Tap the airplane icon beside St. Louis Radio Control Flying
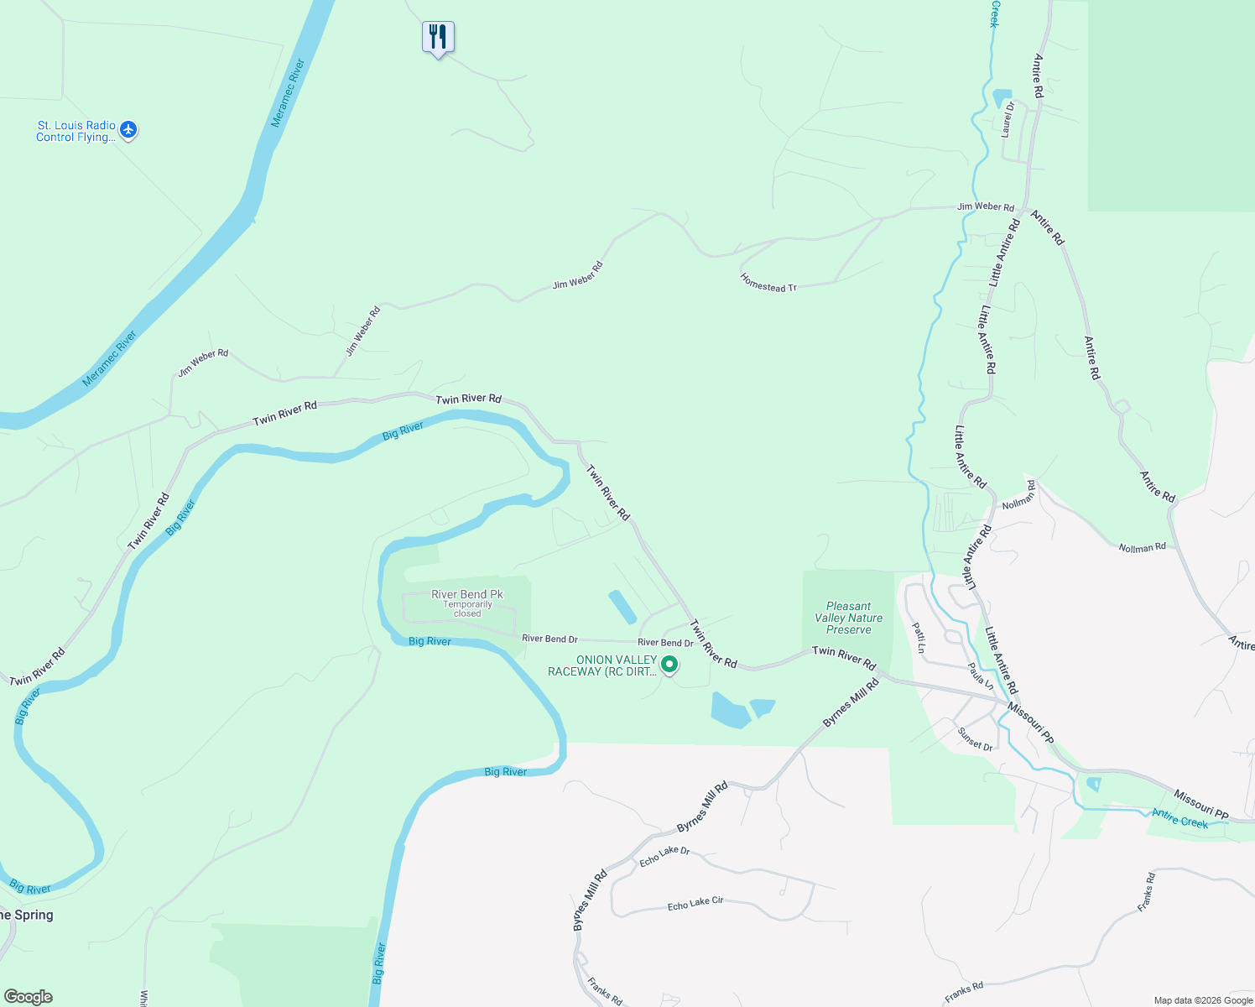click(128, 130)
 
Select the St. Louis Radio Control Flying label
click(76, 132)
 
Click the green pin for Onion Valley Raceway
click(669, 665)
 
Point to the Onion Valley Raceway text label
click(602, 665)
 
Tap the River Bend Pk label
click(467, 594)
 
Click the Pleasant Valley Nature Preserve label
click(848, 618)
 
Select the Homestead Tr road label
click(768, 283)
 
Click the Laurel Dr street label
click(1008, 118)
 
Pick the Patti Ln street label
click(919, 637)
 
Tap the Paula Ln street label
click(981, 676)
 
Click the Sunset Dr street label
click(975, 738)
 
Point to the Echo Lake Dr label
click(664, 856)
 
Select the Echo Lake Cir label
click(695, 904)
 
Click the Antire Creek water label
click(1179, 817)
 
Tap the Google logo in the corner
click(28, 997)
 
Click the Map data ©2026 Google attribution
click(1203, 1000)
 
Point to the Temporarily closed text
click(467, 608)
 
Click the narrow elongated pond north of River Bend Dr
click(622, 607)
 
